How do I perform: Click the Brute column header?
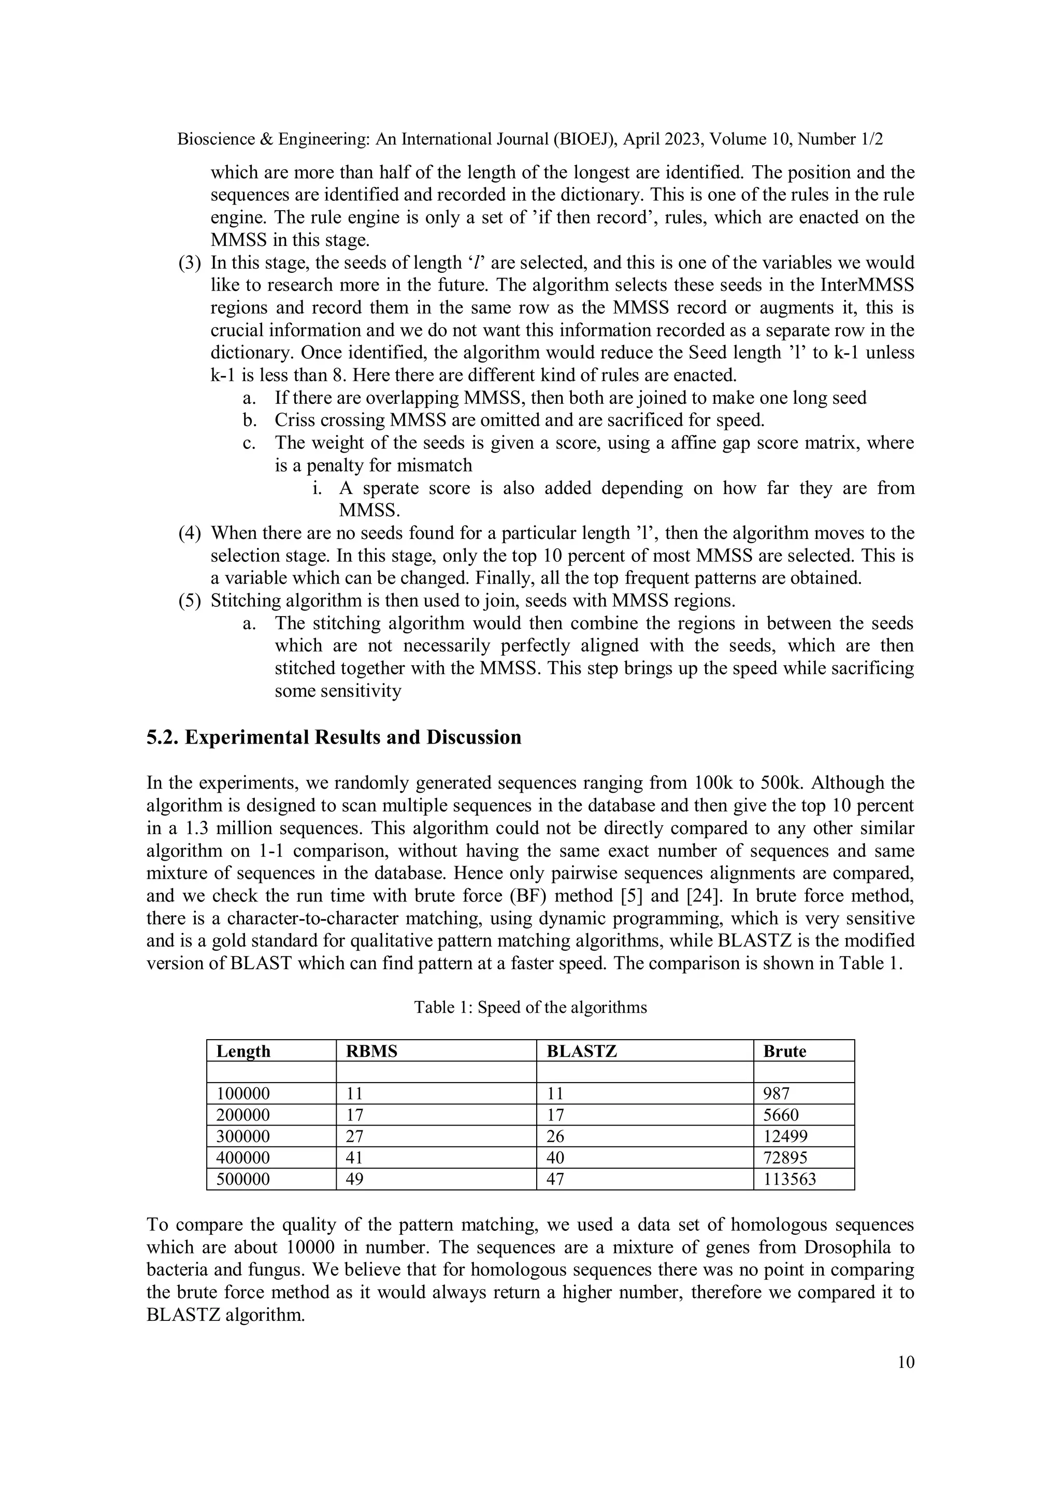tap(784, 1051)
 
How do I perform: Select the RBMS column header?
tap(371, 1051)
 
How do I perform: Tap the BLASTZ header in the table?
tap(581, 1051)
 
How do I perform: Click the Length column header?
tap(243, 1051)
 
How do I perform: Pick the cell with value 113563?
tap(789, 1179)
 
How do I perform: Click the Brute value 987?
tap(777, 1094)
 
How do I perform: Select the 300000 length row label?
tap(242, 1136)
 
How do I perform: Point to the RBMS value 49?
tap(354, 1179)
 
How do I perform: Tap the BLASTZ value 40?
tap(555, 1158)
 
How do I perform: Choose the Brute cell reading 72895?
tap(785, 1158)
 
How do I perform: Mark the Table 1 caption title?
tap(530, 1008)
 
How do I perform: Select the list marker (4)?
tap(190, 533)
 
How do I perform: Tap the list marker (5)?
tap(190, 601)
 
